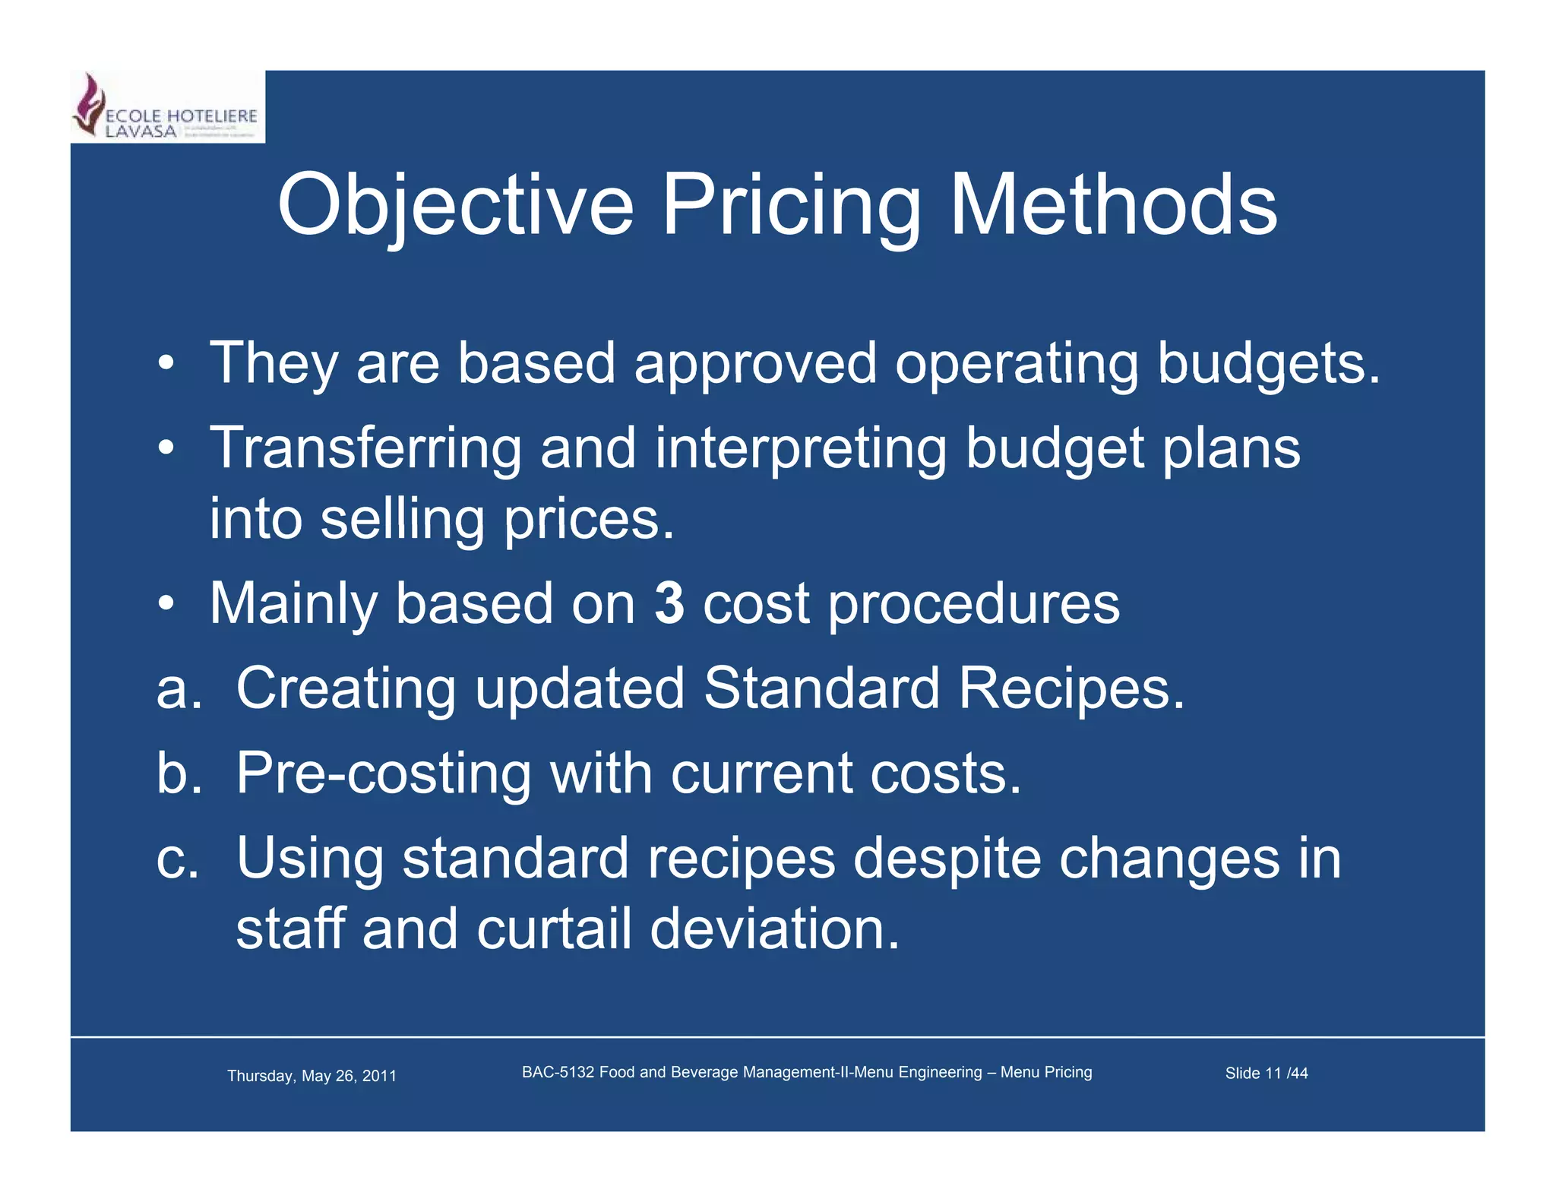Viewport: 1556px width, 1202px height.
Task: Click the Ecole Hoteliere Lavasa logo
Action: pos(167,107)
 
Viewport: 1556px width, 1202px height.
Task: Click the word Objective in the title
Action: pos(455,205)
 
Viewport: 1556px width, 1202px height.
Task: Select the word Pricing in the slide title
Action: pos(791,205)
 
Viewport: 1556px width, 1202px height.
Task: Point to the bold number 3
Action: pos(669,603)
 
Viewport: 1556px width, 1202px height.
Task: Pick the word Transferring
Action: pos(365,448)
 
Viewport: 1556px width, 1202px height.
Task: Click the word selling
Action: pos(402,520)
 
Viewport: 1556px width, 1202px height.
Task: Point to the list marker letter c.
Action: pos(177,859)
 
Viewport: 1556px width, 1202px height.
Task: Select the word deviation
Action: pos(774,929)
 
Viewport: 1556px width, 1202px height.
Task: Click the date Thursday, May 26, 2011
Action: pos(312,1076)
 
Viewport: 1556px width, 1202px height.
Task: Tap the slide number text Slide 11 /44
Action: pos(1266,1073)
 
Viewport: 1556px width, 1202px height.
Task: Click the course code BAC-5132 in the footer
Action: pos(558,1072)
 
